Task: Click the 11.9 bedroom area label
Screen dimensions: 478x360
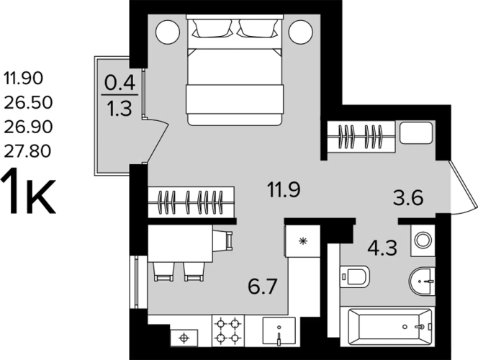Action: pyautogui.click(x=284, y=189)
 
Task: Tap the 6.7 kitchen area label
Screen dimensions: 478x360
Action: pyautogui.click(x=262, y=287)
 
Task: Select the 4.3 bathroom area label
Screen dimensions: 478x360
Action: pyautogui.click(x=382, y=248)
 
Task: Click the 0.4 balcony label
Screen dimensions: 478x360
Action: pyautogui.click(x=119, y=83)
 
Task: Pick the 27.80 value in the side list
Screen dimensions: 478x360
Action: pyautogui.click(x=27, y=151)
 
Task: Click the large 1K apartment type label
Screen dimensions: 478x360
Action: pyautogui.click(x=28, y=192)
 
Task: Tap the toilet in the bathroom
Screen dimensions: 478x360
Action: pyautogui.click(x=354, y=276)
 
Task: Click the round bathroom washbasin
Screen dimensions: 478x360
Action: pyautogui.click(x=422, y=282)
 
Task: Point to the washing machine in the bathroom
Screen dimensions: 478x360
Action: pyautogui.click(x=423, y=240)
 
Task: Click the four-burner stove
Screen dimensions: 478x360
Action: pyautogui.click(x=227, y=330)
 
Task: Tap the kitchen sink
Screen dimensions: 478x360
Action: pyautogui.click(x=279, y=331)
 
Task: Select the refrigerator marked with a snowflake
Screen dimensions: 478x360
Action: pyautogui.click(x=302, y=240)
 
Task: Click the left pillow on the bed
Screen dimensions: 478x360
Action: pyautogui.click(x=212, y=28)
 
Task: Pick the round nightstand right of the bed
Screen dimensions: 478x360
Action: pyautogui.click(x=301, y=32)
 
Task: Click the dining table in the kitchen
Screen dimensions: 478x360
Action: pyautogui.click(x=180, y=243)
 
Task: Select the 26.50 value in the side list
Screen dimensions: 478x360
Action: pyautogui.click(x=28, y=103)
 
